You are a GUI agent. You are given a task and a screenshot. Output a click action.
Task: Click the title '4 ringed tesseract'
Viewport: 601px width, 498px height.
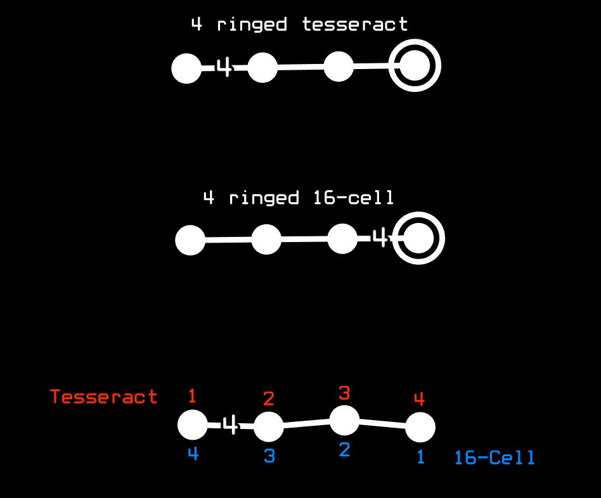click(x=299, y=25)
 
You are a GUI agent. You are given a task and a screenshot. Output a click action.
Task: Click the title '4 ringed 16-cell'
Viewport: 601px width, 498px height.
click(x=299, y=198)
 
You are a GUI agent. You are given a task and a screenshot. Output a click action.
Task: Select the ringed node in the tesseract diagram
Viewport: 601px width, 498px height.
click(x=415, y=67)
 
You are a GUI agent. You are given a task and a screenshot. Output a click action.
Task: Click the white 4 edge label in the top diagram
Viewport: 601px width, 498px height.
click(x=224, y=67)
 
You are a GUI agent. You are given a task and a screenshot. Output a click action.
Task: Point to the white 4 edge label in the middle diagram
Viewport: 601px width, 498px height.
click(x=379, y=239)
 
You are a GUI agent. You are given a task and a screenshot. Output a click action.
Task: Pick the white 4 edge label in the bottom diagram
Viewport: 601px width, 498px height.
click(x=231, y=425)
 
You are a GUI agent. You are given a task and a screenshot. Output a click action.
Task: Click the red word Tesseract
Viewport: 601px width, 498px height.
click(x=104, y=397)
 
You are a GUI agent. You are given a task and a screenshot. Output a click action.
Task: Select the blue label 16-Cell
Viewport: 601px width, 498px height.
click(x=494, y=457)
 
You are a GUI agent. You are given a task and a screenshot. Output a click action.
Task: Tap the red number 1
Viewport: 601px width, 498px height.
click(x=193, y=397)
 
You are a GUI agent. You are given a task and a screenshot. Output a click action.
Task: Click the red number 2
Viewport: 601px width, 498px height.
click(x=269, y=399)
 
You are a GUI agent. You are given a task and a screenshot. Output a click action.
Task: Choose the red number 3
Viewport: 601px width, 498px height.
click(x=344, y=393)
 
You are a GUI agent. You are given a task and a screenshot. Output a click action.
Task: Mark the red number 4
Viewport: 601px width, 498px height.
click(x=419, y=399)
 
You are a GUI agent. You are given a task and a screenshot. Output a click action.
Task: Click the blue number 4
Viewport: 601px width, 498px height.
click(x=193, y=454)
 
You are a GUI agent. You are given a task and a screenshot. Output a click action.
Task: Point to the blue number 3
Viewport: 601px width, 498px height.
click(x=269, y=456)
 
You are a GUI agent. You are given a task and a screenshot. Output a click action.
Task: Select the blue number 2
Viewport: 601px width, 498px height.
click(x=344, y=450)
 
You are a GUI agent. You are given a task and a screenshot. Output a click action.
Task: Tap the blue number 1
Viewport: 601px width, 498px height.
click(x=420, y=457)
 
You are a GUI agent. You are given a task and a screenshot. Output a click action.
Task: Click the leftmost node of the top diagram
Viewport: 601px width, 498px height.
click(x=186, y=68)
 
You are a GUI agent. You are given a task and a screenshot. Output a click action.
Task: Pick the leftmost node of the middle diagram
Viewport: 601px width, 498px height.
click(x=190, y=241)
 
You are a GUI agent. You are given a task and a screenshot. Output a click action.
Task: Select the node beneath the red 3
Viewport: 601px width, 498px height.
click(x=345, y=420)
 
